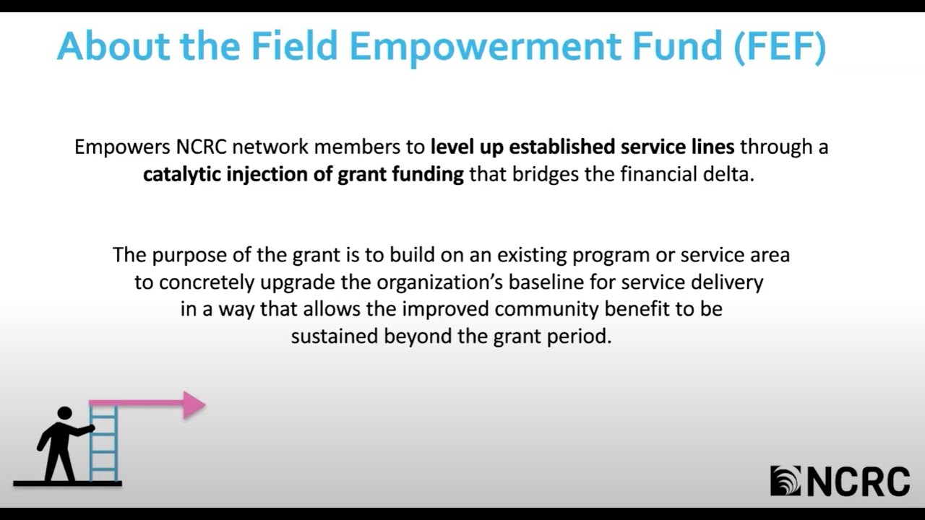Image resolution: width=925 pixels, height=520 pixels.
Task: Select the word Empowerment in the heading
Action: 485,47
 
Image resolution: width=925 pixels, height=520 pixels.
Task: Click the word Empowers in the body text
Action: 122,147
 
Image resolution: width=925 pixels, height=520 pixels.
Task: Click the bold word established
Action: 563,147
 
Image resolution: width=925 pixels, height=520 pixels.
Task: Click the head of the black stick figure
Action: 64,413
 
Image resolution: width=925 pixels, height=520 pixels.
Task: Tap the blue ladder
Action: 103,444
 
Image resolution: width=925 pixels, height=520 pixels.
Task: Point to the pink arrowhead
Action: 193,405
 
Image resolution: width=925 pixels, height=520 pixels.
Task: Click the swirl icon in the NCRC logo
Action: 786,481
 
